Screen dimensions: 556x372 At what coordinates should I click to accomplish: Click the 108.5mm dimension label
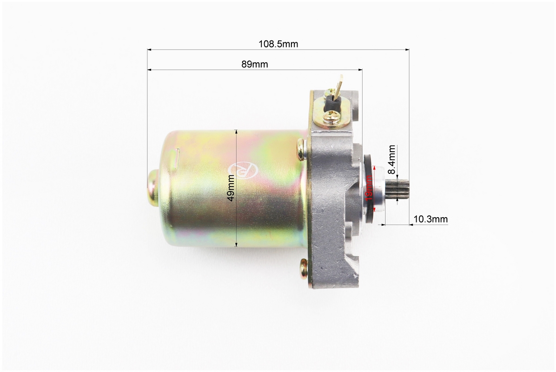pos(278,44)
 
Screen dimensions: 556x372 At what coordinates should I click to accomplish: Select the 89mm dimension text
pos(255,64)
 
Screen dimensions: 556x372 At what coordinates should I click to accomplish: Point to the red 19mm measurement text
pos(369,187)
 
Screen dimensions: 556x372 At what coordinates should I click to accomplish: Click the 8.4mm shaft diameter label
pos(391,159)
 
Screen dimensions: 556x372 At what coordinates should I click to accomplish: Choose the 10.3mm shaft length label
pos(430,219)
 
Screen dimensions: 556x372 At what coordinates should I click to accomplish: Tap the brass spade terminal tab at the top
pos(339,84)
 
